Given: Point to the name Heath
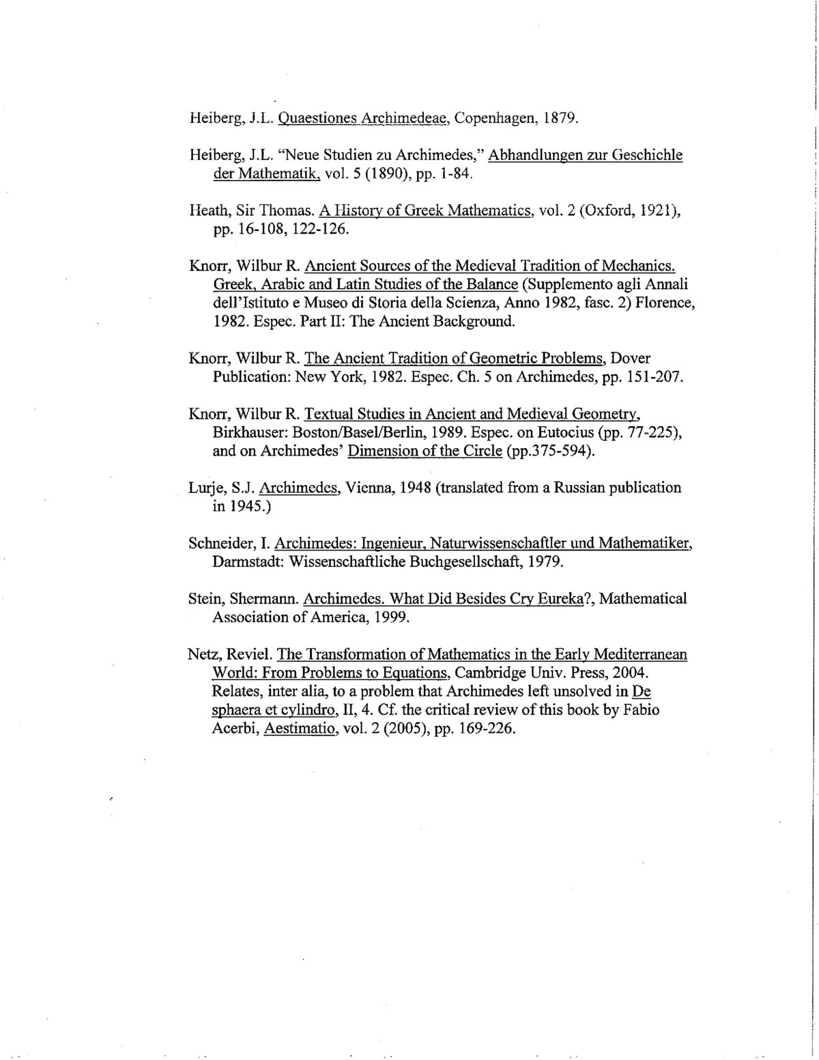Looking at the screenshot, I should click(207, 210).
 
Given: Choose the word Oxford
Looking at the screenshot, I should click(607, 210).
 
